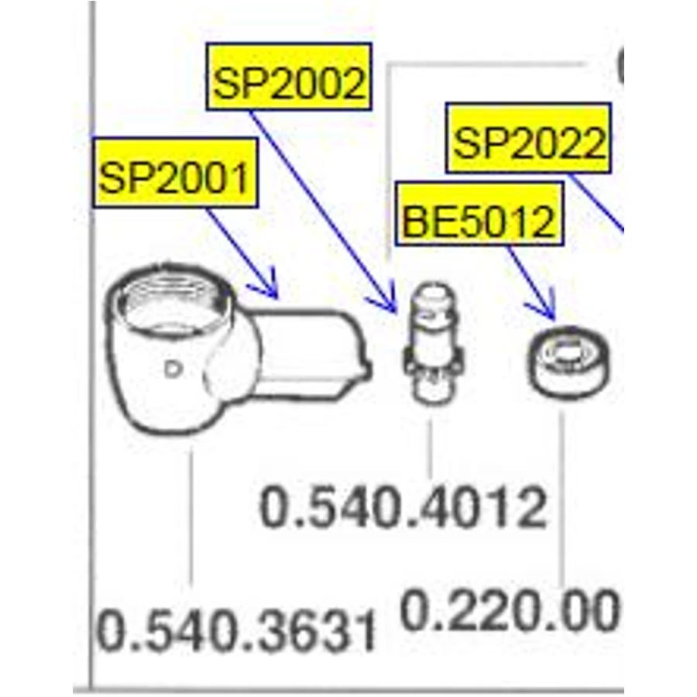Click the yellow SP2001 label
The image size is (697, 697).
click(x=176, y=173)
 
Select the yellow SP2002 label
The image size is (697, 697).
click(x=289, y=77)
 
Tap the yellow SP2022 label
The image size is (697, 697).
click(x=528, y=138)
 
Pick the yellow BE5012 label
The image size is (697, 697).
click(x=479, y=214)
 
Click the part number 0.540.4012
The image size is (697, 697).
click(x=403, y=507)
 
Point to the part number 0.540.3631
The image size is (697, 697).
click(x=236, y=630)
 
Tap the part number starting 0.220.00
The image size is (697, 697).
click(x=510, y=609)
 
